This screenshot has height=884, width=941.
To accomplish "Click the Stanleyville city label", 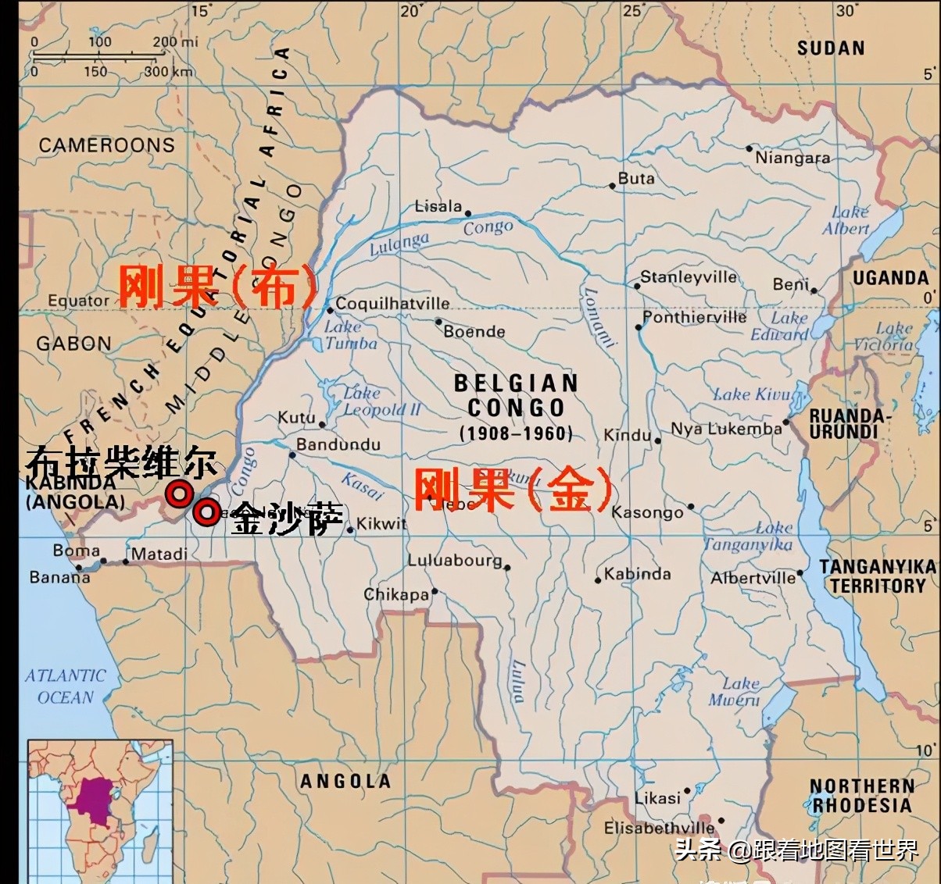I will [x=688, y=277].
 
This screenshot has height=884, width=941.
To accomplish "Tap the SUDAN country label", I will [x=831, y=48].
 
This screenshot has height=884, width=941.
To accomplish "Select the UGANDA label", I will [x=890, y=278].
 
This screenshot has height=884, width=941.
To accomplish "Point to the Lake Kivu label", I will [x=752, y=394].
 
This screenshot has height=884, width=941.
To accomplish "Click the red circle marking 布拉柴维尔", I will [x=179, y=494].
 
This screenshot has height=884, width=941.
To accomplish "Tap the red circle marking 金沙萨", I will [x=206, y=513].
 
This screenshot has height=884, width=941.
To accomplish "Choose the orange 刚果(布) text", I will [x=218, y=287].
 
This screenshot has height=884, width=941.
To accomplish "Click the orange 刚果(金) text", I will [x=513, y=490].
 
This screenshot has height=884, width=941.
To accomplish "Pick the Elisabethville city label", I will [x=659, y=828].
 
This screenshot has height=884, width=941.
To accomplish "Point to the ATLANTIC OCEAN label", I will [x=65, y=686].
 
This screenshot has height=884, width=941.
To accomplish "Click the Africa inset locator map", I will [x=99, y=809].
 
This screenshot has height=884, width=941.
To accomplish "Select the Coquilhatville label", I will [x=392, y=304].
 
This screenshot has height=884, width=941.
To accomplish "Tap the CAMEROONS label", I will [x=107, y=145].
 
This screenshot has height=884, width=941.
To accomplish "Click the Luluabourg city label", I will [x=455, y=560].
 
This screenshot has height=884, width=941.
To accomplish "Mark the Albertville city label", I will [x=753, y=578].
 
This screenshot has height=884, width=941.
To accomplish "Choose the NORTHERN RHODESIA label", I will [x=861, y=796].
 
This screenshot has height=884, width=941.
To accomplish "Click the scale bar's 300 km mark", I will [x=166, y=72].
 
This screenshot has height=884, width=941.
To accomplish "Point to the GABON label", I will [x=73, y=344].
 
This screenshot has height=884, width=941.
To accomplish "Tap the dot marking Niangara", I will [x=749, y=148].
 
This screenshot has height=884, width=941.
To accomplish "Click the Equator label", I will [x=78, y=301].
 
